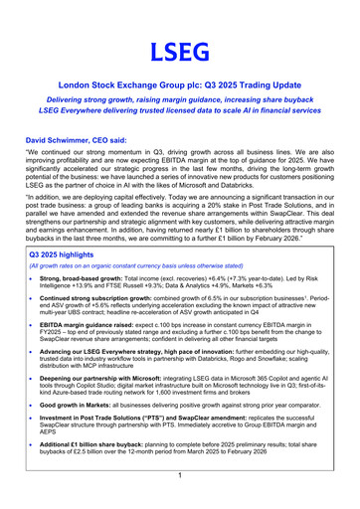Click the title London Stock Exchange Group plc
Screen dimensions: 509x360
[179, 87]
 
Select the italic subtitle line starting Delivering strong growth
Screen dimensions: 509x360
[179, 103]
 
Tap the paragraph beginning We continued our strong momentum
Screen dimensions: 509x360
[179, 173]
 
